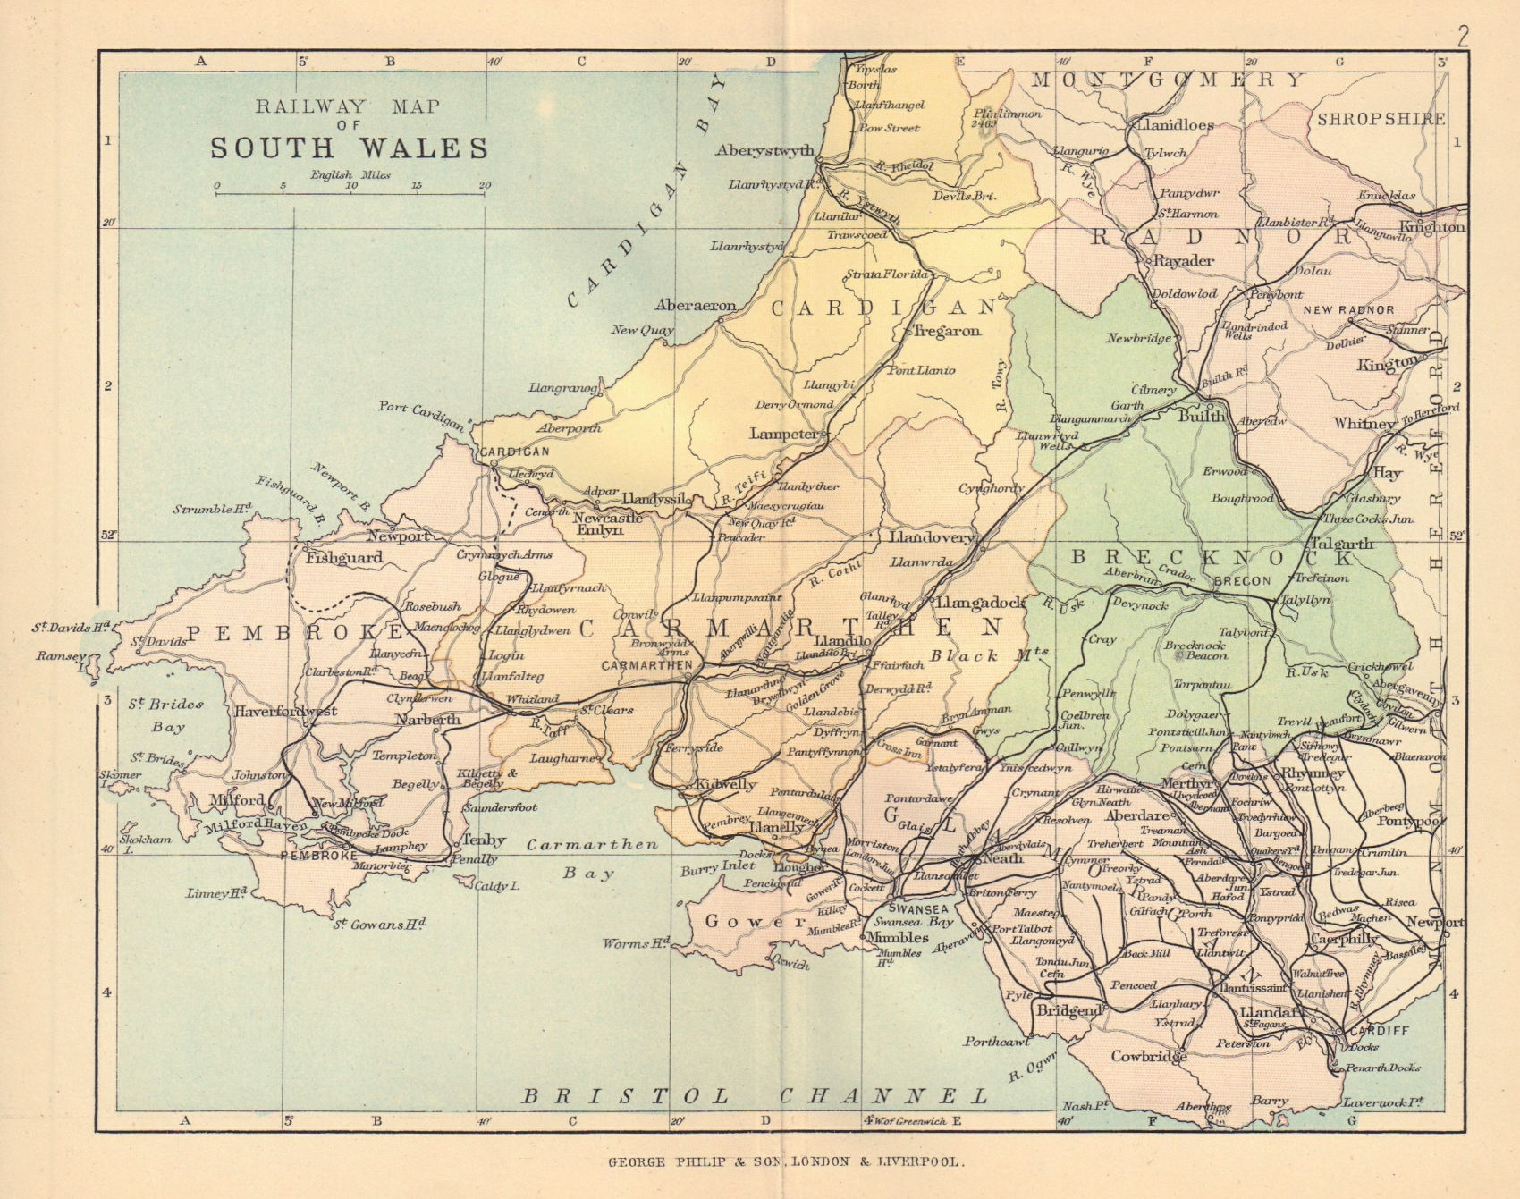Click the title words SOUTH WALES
pyautogui.click(x=350, y=148)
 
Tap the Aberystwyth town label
pyautogui.click(x=764, y=150)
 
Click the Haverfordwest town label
pyautogui.click(x=286, y=712)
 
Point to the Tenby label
pyautogui.click(x=484, y=840)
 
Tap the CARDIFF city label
pyautogui.click(x=1378, y=1031)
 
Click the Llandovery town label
pyautogui.click(x=930, y=538)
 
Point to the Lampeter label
pyautogui.click(x=783, y=434)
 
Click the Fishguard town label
pyautogui.click(x=344, y=558)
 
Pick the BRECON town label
pyautogui.click(x=1242, y=580)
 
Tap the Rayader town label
pyautogui.click(x=1184, y=261)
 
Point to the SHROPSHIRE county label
pyautogui.click(x=1381, y=118)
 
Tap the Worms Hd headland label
pyautogui.click(x=636, y=943)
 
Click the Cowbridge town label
pyautogui.click(x=1148, y=1056)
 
